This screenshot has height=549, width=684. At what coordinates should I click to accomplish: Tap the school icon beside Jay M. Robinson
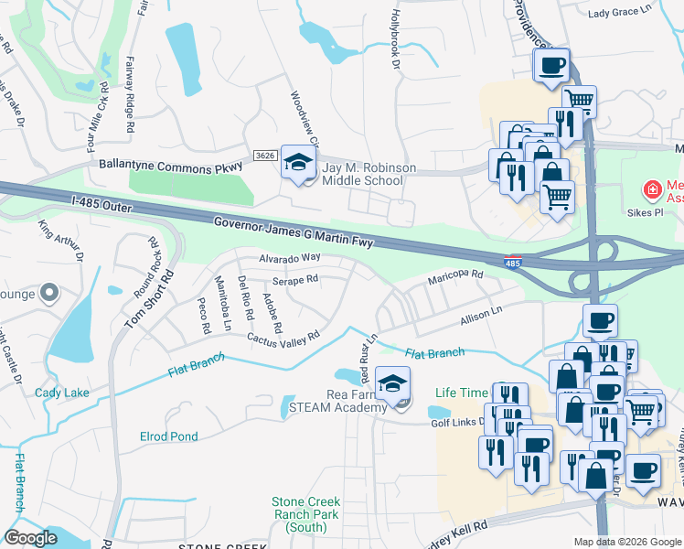pyautogui.click(x=297, y=163)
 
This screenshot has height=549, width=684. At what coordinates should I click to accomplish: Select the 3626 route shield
pyautogui.click(x=265, y=156)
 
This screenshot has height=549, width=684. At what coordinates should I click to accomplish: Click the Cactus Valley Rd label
pyautogui.click(x=283, y=338)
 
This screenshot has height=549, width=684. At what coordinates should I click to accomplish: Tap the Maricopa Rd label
pyautogui.click(x=454, y=275)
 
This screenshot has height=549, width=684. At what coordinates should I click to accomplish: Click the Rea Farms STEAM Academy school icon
pyautogui.click(x=393, y=382)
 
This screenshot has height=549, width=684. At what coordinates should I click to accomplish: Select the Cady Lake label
pyautogui.click(x=62, y=393)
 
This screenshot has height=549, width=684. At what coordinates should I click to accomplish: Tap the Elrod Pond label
pyautogui.click(x=168, y=436)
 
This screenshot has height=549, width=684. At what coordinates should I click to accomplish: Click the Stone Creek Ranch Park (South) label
pyautogui.click(x=305, y=514)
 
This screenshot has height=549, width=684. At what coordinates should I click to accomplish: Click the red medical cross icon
pyautogui.click(x=652, y=191)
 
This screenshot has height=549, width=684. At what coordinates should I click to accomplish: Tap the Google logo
pyautogui.click(x=31, y=538)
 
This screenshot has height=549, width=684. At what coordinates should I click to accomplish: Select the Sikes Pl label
pyautogui.click(x=646, y=213)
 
